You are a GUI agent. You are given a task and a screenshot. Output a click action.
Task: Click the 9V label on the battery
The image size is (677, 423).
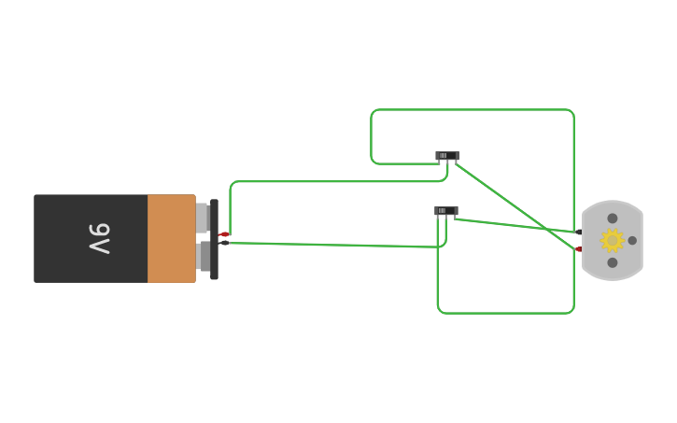(x=100, y=239)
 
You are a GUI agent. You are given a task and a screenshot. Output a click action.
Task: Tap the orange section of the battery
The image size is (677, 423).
(x=172, y=239)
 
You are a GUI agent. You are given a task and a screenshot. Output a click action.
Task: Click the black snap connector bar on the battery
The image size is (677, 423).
(x=214, y=239)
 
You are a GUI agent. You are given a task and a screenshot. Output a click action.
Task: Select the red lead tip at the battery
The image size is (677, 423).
(x=224, y=234)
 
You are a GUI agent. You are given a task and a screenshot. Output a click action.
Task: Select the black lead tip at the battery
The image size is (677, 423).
(x=224, y=243)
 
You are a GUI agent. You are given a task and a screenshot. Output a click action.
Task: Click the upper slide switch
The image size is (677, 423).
(x=447, y=156)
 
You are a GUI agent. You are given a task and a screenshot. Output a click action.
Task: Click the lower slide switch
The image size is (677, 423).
(x=446, y=211)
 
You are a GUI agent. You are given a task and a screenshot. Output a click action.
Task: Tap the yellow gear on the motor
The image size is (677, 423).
(x=613, y=240)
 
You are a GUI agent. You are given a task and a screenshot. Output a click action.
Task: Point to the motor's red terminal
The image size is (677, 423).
(x=579, y=249)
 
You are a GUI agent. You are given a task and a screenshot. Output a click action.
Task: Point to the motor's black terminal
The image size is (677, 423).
(x=579, y=233)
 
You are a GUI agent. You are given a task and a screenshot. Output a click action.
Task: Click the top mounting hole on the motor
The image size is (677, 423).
(x=613, y=219)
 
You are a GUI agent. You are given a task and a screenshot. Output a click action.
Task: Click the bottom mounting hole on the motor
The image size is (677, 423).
(x=613, y=262)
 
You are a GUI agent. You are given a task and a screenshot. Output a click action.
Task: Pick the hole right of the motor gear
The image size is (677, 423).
(x=632, y=240)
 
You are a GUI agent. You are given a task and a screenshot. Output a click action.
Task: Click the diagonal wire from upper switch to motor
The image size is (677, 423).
(x=516, y=206)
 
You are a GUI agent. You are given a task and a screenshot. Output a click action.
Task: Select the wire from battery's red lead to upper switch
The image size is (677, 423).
(x=337, y=181)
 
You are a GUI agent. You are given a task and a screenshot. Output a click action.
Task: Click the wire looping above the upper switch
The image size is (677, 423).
(x=472, y=109)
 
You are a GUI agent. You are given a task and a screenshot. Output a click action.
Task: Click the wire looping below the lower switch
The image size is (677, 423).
(x=505, y=313)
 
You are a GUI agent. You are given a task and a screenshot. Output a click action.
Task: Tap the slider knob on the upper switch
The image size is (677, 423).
(x=443, y=155)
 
